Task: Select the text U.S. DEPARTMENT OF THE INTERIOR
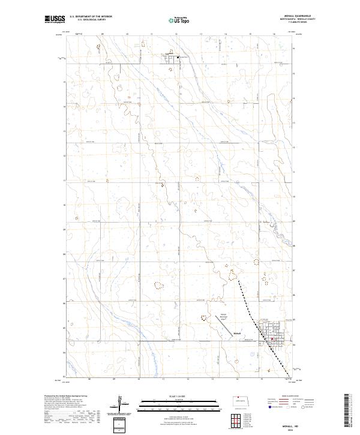coord(91,17)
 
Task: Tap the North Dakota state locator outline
coord(242,400)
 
